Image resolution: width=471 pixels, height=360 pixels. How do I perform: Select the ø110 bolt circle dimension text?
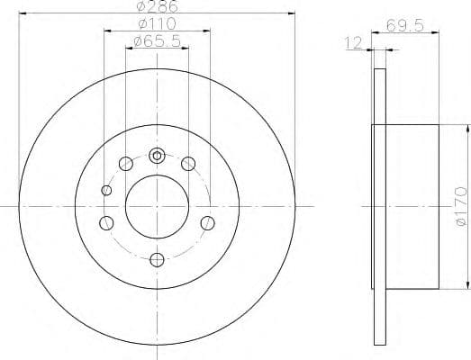[158, 24]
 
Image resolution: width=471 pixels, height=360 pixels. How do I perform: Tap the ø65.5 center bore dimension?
[157, 41]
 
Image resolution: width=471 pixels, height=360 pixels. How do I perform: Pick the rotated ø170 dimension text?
[461, 204]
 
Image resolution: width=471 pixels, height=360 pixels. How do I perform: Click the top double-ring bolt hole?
[157, 155]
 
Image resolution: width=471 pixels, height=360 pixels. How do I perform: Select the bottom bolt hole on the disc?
[157, 260]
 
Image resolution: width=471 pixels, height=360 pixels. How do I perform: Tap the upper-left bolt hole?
[125, 163]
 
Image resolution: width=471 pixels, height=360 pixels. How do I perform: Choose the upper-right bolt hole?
[188, 163]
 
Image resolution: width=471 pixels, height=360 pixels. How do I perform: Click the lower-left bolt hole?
[106, 223]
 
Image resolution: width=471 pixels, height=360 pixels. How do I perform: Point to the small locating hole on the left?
[107, 190]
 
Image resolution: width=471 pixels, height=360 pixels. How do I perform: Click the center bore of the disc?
[157, 206]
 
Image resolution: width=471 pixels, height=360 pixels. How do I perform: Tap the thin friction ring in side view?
[378, 206]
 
